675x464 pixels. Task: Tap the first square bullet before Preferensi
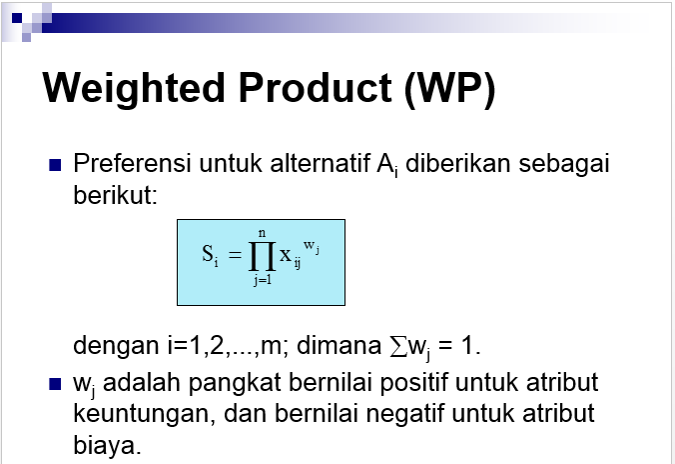pyautogui.click(x=56, y=164)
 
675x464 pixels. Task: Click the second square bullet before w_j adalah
pyautogui.click(x=56, y=385)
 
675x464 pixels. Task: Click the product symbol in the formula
pyautogui.click(x=262, y=257)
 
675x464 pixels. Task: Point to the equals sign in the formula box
pyautogui.click(x=235, y=257)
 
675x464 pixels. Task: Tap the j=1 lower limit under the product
pyautogui.click(x=263, y=282)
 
